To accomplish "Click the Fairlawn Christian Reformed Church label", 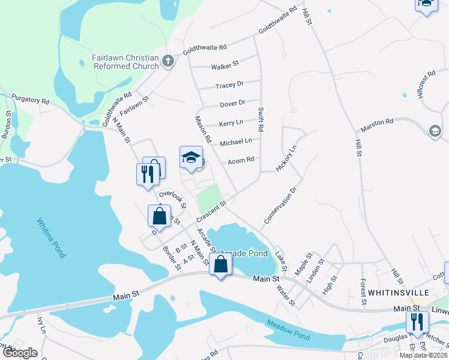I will tap(125, 61).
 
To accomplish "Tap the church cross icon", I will tap(168, 60).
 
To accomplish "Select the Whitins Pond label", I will tap(50, 238).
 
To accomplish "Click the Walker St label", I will tap(224, 63).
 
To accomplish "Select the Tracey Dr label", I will tap(229, 85).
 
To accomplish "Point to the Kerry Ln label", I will tap(231, 122).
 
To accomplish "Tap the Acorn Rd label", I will tap(241, 160).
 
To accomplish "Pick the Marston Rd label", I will tap(376, 125).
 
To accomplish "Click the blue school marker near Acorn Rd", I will tap(191, 159).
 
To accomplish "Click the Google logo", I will tap(19, 353).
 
